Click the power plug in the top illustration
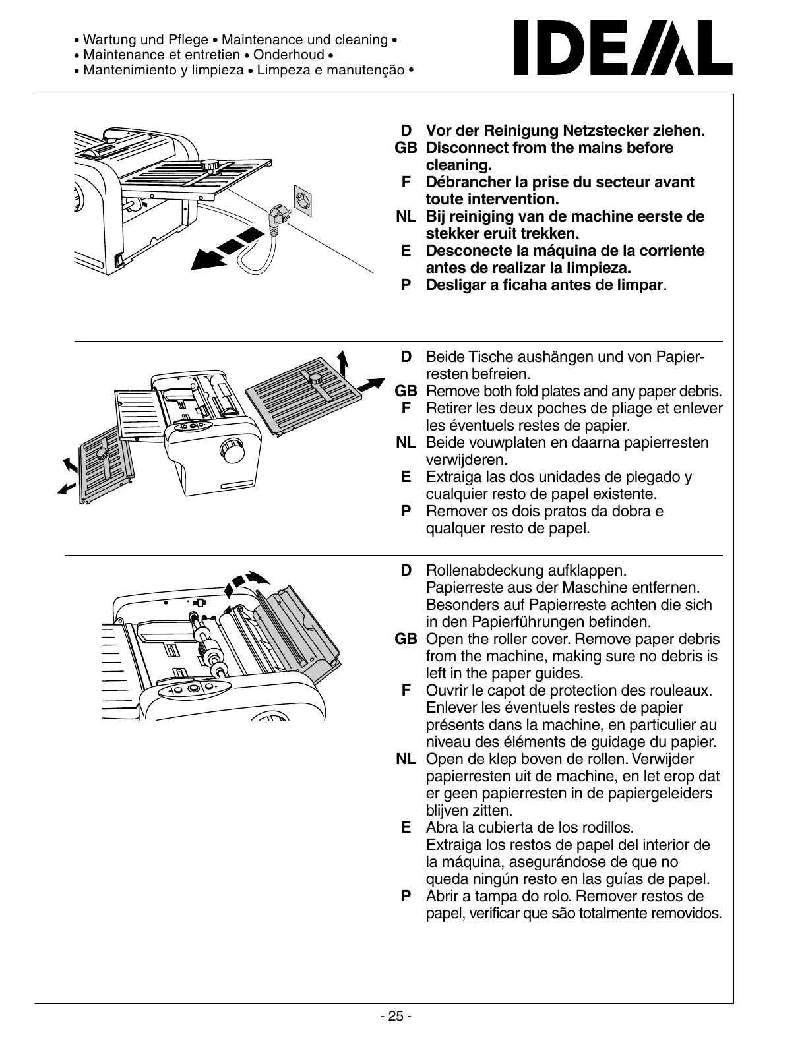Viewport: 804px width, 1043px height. (276, 218)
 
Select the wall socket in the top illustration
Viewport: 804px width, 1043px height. (306, 200)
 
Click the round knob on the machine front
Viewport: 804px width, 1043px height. (233, 452)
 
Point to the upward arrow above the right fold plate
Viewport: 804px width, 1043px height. (342, 362)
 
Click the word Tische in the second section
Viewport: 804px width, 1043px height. (489, 357)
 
